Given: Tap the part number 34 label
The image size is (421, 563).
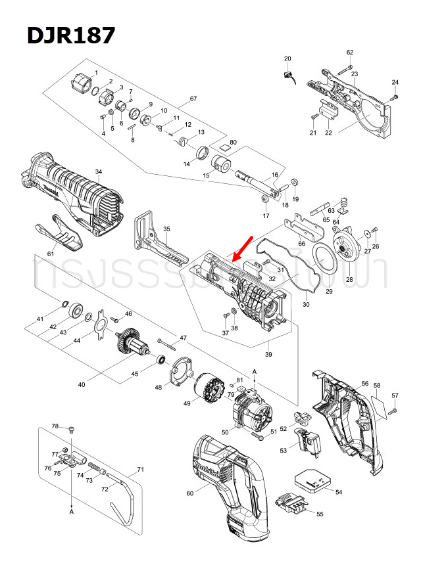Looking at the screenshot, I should tap(99, 172).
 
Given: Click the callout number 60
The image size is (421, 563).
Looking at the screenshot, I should tap(189, 493).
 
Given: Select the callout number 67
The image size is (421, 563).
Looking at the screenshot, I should tap(193, 99).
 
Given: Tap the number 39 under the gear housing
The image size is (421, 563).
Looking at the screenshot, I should tap(268, 354).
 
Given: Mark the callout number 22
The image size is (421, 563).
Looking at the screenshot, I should tap(328, 133).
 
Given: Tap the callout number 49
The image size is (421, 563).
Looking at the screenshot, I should tap(186, 403).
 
